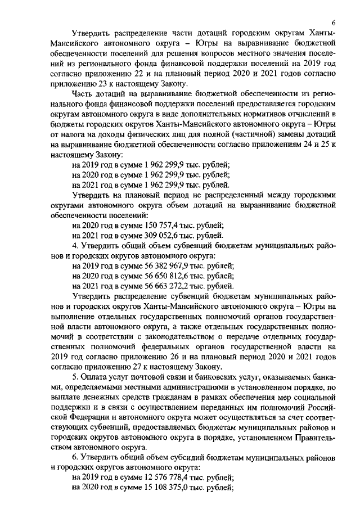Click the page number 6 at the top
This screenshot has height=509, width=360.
click(334, 22)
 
